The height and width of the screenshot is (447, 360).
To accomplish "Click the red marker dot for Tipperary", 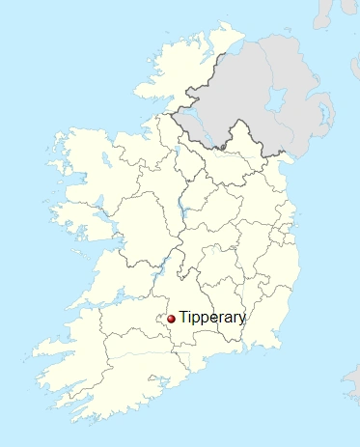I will (x=171, y=319).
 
